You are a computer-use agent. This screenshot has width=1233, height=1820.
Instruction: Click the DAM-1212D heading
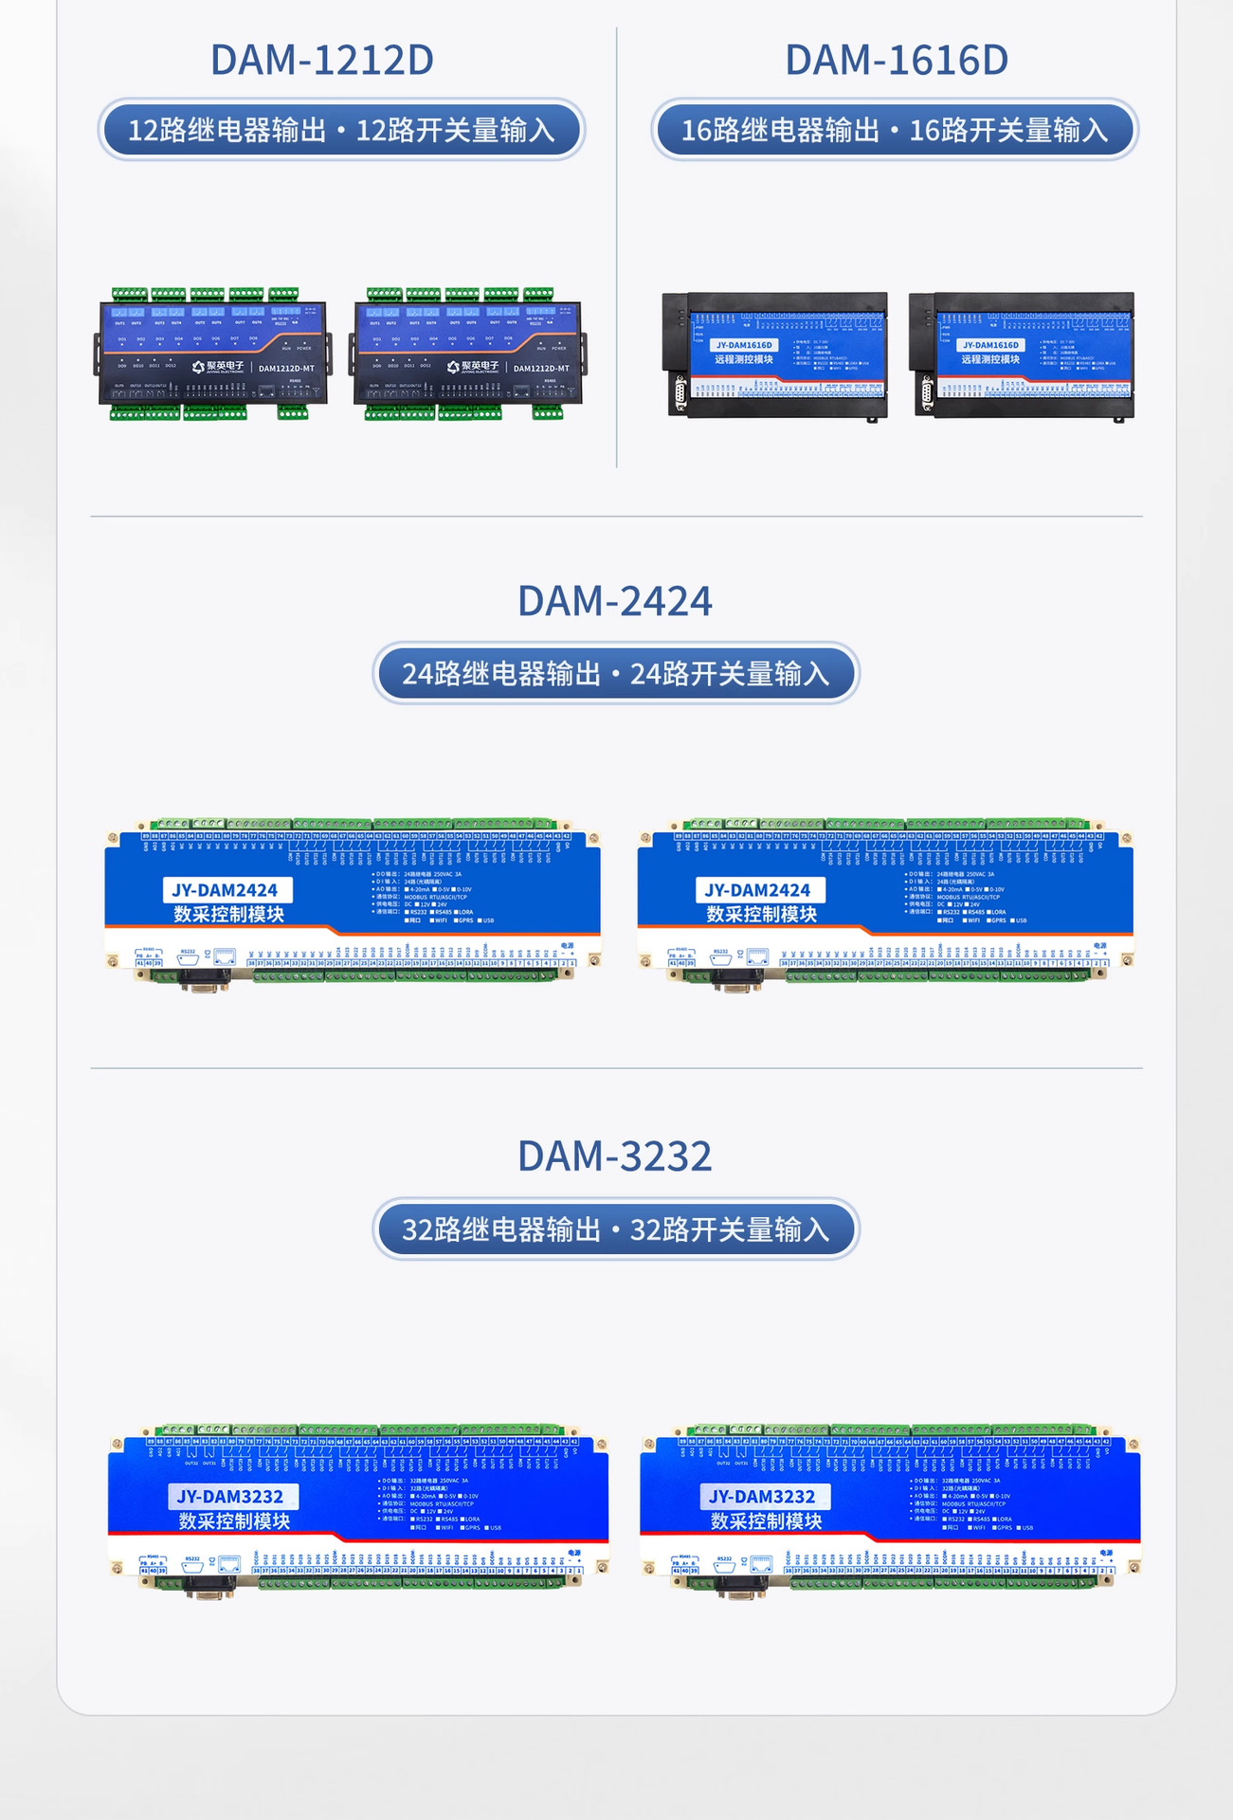[321, 60]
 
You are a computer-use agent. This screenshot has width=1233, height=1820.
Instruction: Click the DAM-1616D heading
[896, 60]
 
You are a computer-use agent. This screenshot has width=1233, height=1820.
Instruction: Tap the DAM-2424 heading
[615, 601]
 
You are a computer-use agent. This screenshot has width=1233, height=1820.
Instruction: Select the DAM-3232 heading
[615, 1156]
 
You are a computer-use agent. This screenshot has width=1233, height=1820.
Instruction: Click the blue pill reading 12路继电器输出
[341, 130]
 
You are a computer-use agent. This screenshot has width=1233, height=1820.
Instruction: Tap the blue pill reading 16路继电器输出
[895, 130]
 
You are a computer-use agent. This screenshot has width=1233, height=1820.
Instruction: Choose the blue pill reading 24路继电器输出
[616, 674]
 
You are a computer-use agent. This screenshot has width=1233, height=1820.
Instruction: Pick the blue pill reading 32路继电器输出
[616, 1229]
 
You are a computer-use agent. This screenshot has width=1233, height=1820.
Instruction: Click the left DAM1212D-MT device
[212, 354]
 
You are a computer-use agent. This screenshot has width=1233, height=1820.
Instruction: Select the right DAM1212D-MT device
[466, 354]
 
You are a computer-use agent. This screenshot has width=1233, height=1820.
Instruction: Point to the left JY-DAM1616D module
[775, 355]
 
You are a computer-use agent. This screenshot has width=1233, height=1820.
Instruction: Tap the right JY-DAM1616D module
[1022, 355]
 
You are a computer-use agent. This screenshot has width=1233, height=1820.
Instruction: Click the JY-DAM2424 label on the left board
[226, 890]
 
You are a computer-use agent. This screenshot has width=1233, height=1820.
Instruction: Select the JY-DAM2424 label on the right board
[758, 890]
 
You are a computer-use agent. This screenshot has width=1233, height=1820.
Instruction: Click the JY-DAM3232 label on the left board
[230, 1497]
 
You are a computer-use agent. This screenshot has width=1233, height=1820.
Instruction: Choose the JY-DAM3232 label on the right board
[763, 1497]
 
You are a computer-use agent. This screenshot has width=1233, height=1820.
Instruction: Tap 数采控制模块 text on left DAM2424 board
[228, 915]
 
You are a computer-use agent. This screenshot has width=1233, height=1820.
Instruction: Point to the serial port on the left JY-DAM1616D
[680, 394]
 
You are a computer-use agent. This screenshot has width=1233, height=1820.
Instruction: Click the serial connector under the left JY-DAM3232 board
[210, 1591]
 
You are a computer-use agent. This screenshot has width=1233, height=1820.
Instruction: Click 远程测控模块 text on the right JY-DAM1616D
[990, 360]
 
